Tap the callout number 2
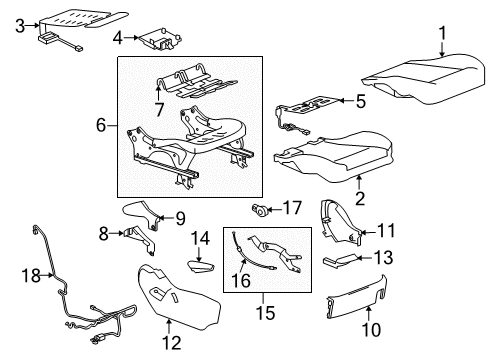[x=359, y=182]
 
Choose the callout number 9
[x=180, y=217]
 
